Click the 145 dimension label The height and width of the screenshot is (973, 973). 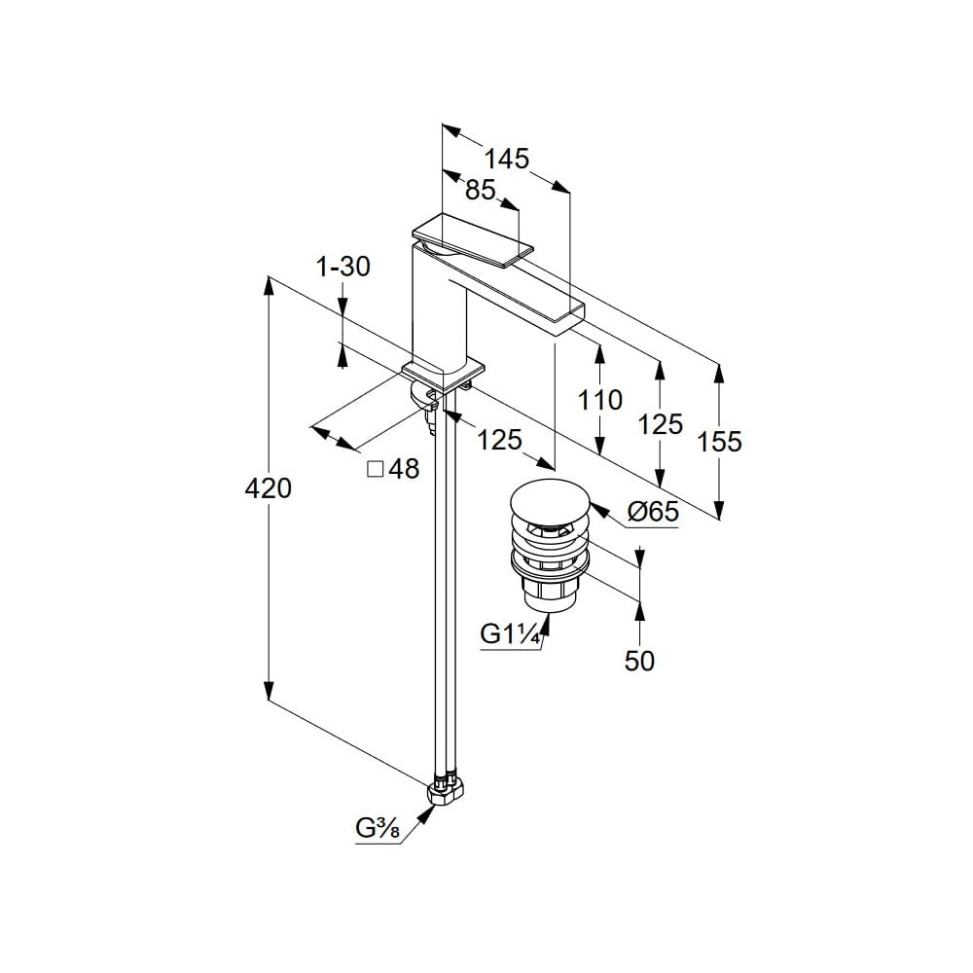pos(507,159)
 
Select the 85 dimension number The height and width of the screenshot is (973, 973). pos(480,191)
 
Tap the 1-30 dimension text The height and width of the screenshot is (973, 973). pos(343,267)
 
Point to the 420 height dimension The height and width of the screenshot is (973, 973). pos(268,489)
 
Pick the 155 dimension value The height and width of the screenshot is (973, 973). pos(720,442)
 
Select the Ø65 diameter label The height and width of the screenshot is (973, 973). pos(652,513)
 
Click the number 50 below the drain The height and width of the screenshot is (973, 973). pos(639,661)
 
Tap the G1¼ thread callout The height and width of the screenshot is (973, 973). pos(511,634)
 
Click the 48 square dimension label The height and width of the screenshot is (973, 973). pos(404,469)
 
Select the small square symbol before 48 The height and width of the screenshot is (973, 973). pos(375,469)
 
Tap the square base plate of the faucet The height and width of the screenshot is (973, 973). pos(444,373)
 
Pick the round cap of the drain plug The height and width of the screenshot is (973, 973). pos(549,504)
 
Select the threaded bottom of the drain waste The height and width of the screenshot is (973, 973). pos(547,595)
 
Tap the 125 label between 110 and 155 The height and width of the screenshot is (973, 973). pos(661,423)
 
